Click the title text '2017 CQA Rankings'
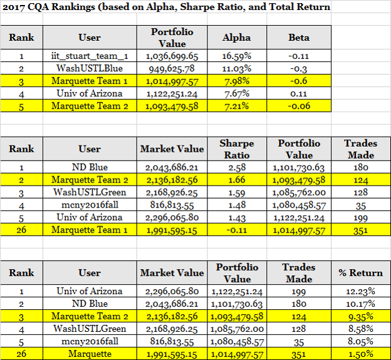[x=49, y=7]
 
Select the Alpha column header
[x=237, y=38]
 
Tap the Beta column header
[x=299, y=38]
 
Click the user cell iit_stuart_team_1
[x=90, y=56]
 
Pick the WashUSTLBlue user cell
[x=90, y=68]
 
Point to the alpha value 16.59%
[x=237, y=56]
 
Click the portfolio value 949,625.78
[x=172, y=68]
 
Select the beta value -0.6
[x=299, y=81]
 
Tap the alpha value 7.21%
[x=237, y=106]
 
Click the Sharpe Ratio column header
[x=237, y=149]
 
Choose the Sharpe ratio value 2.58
[x=237, y=167]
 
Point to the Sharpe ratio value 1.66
[x=237, y=180]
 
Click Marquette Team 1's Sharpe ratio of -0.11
[x=237, y=230]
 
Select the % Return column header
[x=360, y=273]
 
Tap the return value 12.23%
[x=360, y=291]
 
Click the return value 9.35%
[x=360, y=316]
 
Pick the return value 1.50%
[x=360, y=354]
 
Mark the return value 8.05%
[x=360, y=341]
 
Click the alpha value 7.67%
[x=237, y=93]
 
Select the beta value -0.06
[x=299, y=106]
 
